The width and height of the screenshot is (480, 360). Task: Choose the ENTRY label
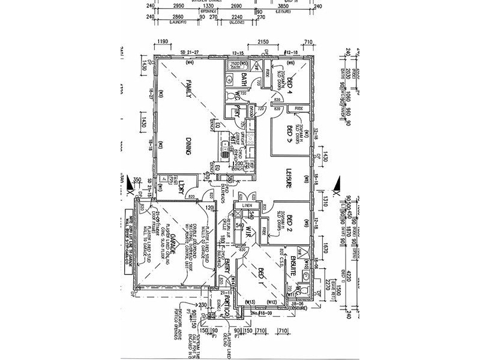click(229, 277)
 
